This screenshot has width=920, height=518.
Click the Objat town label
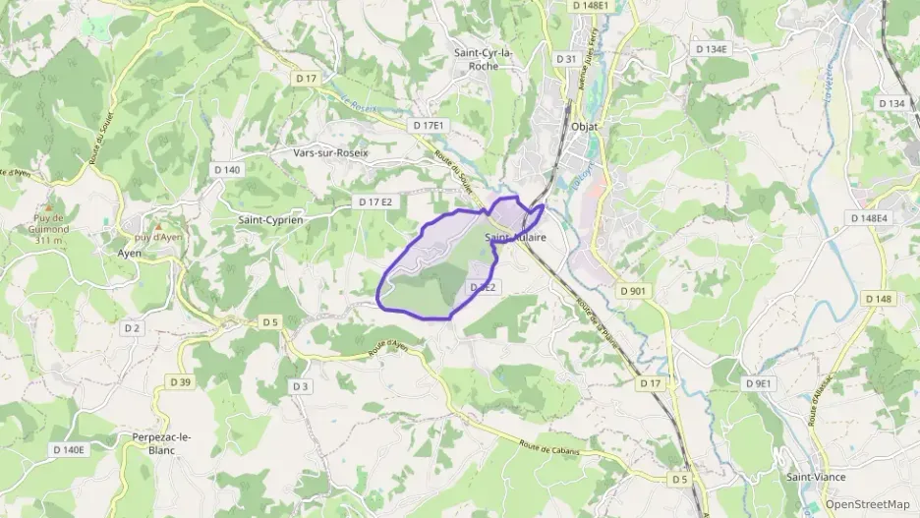[x=584, y=127]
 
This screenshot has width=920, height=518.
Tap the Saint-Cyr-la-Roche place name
[x=489, y=59]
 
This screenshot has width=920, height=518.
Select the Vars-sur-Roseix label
[x=329, y=152]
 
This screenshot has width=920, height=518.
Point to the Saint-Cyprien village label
[x=270, y=220]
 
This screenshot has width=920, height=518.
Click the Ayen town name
[x=130, y=253]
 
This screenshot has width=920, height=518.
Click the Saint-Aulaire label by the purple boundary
[x=516, y=238]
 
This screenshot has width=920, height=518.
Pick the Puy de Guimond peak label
[x=47, y=228]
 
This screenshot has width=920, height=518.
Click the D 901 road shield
[x=634, y=291]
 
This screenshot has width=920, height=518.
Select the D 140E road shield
[x=68, y=449]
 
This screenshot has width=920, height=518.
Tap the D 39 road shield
[x=180, y=381]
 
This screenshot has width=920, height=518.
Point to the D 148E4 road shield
[x=869, y=218]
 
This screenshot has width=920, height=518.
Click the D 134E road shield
[x=710, y=48]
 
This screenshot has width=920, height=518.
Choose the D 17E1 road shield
[x=430, y=126]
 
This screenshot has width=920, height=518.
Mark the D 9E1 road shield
[x=760, y=382]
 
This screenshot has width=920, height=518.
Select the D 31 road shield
[x=567, y=59]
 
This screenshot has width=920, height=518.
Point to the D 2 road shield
[x=133, y=327]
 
